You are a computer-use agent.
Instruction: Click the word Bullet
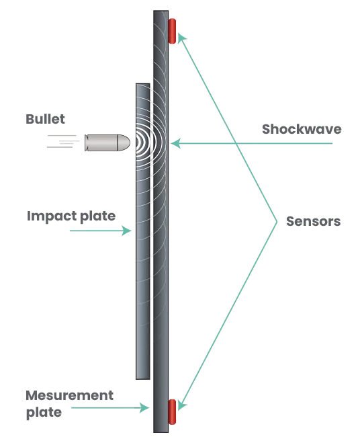[x=45, y=119]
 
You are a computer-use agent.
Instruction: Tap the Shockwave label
[x=302, y=129]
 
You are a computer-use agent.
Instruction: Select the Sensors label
[x=314, y=221]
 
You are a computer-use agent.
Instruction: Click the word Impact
[x=52, y=216]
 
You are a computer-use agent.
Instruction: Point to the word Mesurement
[x=69, y=395]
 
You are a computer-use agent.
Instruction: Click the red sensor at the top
[x=172, y=31]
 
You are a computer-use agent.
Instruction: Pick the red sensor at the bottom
[x=172, y=411]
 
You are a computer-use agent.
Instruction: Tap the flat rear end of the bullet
[x=85, y=143]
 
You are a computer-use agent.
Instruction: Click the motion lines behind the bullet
[x=63, y=141]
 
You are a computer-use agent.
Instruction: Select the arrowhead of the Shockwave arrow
[x=175, y=143]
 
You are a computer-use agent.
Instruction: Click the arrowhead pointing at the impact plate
[x=127, y=231]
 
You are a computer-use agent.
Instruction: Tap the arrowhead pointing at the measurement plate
[x=144, y=407]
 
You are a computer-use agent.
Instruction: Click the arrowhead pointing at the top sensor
[x=181, y=38]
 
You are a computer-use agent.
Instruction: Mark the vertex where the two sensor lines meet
[x=277, y=222]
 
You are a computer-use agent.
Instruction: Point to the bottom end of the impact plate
[x=143, y=378]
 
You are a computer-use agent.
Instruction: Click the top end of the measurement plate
[x=161, y=11]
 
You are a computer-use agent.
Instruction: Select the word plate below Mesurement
[x=44, y=413]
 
